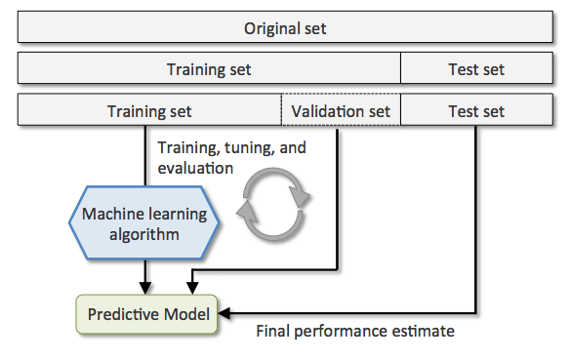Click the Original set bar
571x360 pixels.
pos(285,28)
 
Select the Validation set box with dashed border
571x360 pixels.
pos(341,111)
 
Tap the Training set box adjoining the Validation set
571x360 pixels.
pos(149,111)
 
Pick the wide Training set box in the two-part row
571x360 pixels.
pos(209,69)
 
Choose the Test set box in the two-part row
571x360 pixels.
pos(476,69)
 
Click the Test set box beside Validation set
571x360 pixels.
pos(476,111)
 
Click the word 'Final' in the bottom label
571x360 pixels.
pos(273,332)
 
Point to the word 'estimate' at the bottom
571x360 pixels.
pos(424,332)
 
